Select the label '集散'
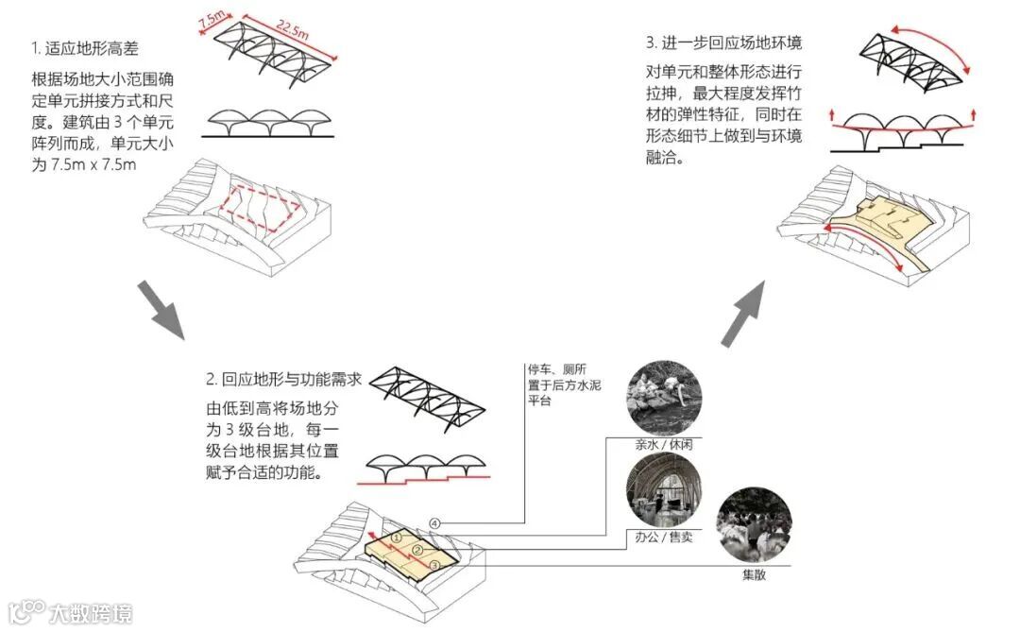point(753,574)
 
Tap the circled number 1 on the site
point(398,536)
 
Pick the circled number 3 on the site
point(433,564)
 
